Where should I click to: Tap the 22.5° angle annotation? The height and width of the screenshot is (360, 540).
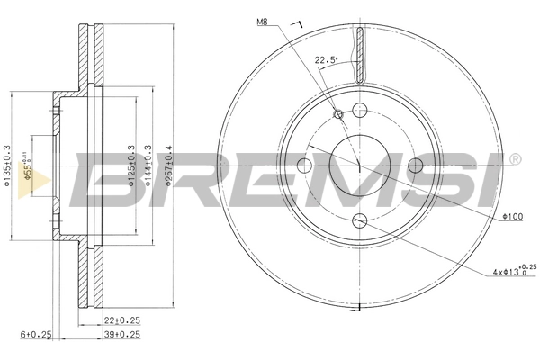pyautogui.click(x=325, y=60)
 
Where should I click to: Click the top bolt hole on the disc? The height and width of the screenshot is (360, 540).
pyautogui.click(x=360, y=111)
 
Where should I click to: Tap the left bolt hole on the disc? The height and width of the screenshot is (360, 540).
pyautogui.click(x=303, y=165)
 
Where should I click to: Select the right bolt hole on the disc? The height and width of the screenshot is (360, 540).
pyautogui.click(x=415, y=165)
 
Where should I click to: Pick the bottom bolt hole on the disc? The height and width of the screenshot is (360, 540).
pyautogui.click(x=359, y=221)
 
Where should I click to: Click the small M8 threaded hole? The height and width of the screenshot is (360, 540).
pyautogui.click(x=339, y=114)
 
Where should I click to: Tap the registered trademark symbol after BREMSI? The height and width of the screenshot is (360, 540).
pyautogui.click(x=514, y=159)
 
